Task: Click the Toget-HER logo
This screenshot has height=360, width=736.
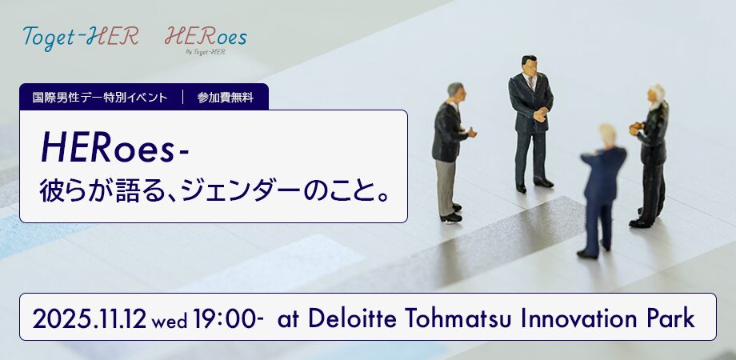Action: point(80,37)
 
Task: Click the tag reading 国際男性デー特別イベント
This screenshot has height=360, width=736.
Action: point(100,98)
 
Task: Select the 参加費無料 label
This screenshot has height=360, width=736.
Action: point(226,98)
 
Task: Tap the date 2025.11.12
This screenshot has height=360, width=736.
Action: point(89,318)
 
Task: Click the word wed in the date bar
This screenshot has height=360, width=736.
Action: point(170,321)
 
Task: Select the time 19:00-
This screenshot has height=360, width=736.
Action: point(228,318)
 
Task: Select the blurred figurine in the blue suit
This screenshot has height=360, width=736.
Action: point(602,191)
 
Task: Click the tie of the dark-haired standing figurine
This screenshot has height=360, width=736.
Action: point(531,83)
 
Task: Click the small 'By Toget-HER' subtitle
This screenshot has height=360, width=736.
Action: point(205,52)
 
